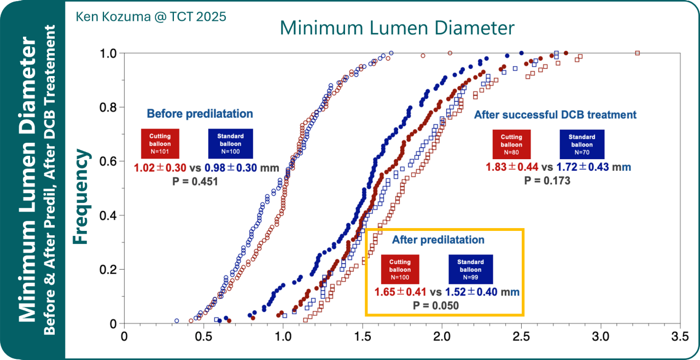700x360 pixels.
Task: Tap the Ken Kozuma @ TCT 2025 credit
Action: point(151,16)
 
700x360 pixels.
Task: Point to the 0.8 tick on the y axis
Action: point(109,107)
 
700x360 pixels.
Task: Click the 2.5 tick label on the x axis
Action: point(521,335)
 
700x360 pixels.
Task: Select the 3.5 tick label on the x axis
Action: point(680,335)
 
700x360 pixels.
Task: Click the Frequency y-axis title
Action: point(81,196)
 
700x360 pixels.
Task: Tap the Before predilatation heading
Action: point(200,114)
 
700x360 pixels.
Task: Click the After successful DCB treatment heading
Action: point(555,115)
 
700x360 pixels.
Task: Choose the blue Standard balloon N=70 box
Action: point(582,144)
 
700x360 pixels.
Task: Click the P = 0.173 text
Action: point(547,181)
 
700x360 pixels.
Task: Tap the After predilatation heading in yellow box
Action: point(438,240)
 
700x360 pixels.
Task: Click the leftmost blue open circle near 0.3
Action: point(176,321)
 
